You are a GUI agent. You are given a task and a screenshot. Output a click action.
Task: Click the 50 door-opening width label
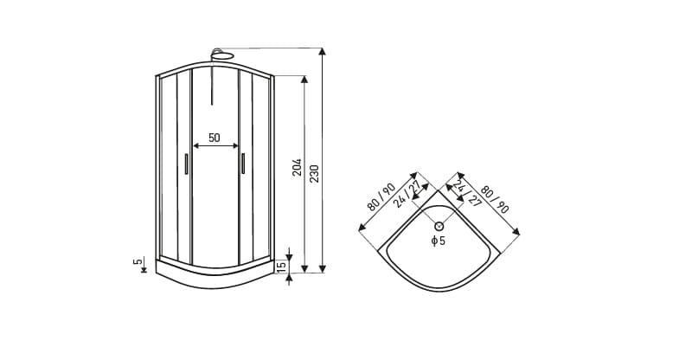click(214, 138)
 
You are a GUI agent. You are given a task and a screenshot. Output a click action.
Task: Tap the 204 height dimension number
click(297, 167)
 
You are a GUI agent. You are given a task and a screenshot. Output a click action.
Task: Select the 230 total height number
click(314, 174)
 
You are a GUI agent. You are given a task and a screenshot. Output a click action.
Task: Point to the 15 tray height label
click(281, 266)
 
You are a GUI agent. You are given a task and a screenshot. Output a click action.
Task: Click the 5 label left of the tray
click(138, 261)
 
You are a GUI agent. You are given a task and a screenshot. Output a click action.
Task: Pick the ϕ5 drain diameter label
click(439, 241)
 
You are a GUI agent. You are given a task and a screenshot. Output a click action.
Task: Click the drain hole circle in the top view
click(439, 226)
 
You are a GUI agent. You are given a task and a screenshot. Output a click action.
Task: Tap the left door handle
click(186, 164)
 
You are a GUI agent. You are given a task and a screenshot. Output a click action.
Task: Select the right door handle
click(243, 164)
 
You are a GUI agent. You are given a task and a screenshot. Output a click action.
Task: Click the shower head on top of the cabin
click(223, 54)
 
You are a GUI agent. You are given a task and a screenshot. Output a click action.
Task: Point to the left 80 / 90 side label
click(381, 196)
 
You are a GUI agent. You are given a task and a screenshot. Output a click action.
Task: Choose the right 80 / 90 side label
click(495, 199)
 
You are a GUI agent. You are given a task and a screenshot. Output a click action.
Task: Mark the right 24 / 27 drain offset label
click(466, 193)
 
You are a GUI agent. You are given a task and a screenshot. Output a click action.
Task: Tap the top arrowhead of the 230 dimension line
click(323, 51)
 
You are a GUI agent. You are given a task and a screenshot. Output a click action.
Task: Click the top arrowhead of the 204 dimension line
click(304, 80)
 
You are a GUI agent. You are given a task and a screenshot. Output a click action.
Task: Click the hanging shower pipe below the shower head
click(212, 81)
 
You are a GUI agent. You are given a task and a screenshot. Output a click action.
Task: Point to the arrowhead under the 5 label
click(144, 270)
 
